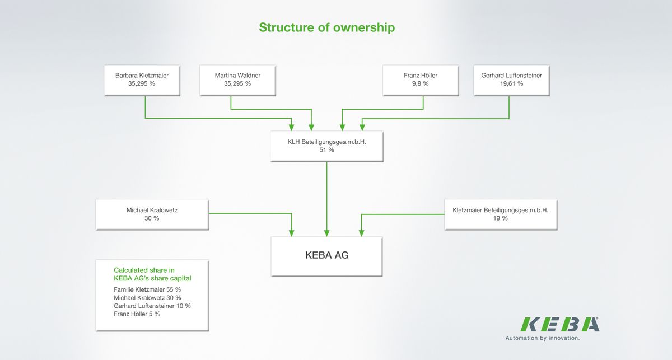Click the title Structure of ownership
(326, 27)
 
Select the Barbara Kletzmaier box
(142, 81)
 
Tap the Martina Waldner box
(237, 81)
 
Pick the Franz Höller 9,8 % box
(421, 81)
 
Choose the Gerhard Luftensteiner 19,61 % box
(511, 81)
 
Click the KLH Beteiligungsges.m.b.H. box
(326, 146)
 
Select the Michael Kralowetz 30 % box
(152, 214)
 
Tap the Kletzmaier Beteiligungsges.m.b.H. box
(501, 214)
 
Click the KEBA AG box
(326, 256)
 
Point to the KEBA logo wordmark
(560, 325)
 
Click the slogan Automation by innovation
(543, 338)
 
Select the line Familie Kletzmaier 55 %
(147, 289)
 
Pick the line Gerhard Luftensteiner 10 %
(152, 306)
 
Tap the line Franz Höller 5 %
(137, 314)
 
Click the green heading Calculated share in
(144, 270)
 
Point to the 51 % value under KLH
(326, 150)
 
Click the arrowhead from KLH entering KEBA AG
(326, 233)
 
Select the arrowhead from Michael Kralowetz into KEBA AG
(291, 233)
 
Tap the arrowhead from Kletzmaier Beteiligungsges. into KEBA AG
(362, 233)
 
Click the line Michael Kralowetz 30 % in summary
(147, 298)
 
